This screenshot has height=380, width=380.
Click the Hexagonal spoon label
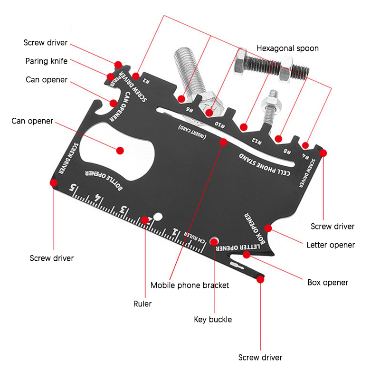point(287,48)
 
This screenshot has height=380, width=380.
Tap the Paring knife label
point(47,61)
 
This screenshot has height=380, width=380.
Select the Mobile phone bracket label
point(190,285)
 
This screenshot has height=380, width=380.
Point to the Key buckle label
point(213,320)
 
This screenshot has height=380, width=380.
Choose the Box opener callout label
point(328,283)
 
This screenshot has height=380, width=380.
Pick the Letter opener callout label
point(331,245)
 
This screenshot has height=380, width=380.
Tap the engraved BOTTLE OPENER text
point(104,179)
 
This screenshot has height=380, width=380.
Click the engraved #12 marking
point(256,141)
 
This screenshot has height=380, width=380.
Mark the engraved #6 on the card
point(190,110)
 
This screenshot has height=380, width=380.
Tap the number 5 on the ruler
point(73,187)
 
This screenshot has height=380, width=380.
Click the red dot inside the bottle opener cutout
point(120,150)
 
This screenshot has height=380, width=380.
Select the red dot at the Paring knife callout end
point(110,76)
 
